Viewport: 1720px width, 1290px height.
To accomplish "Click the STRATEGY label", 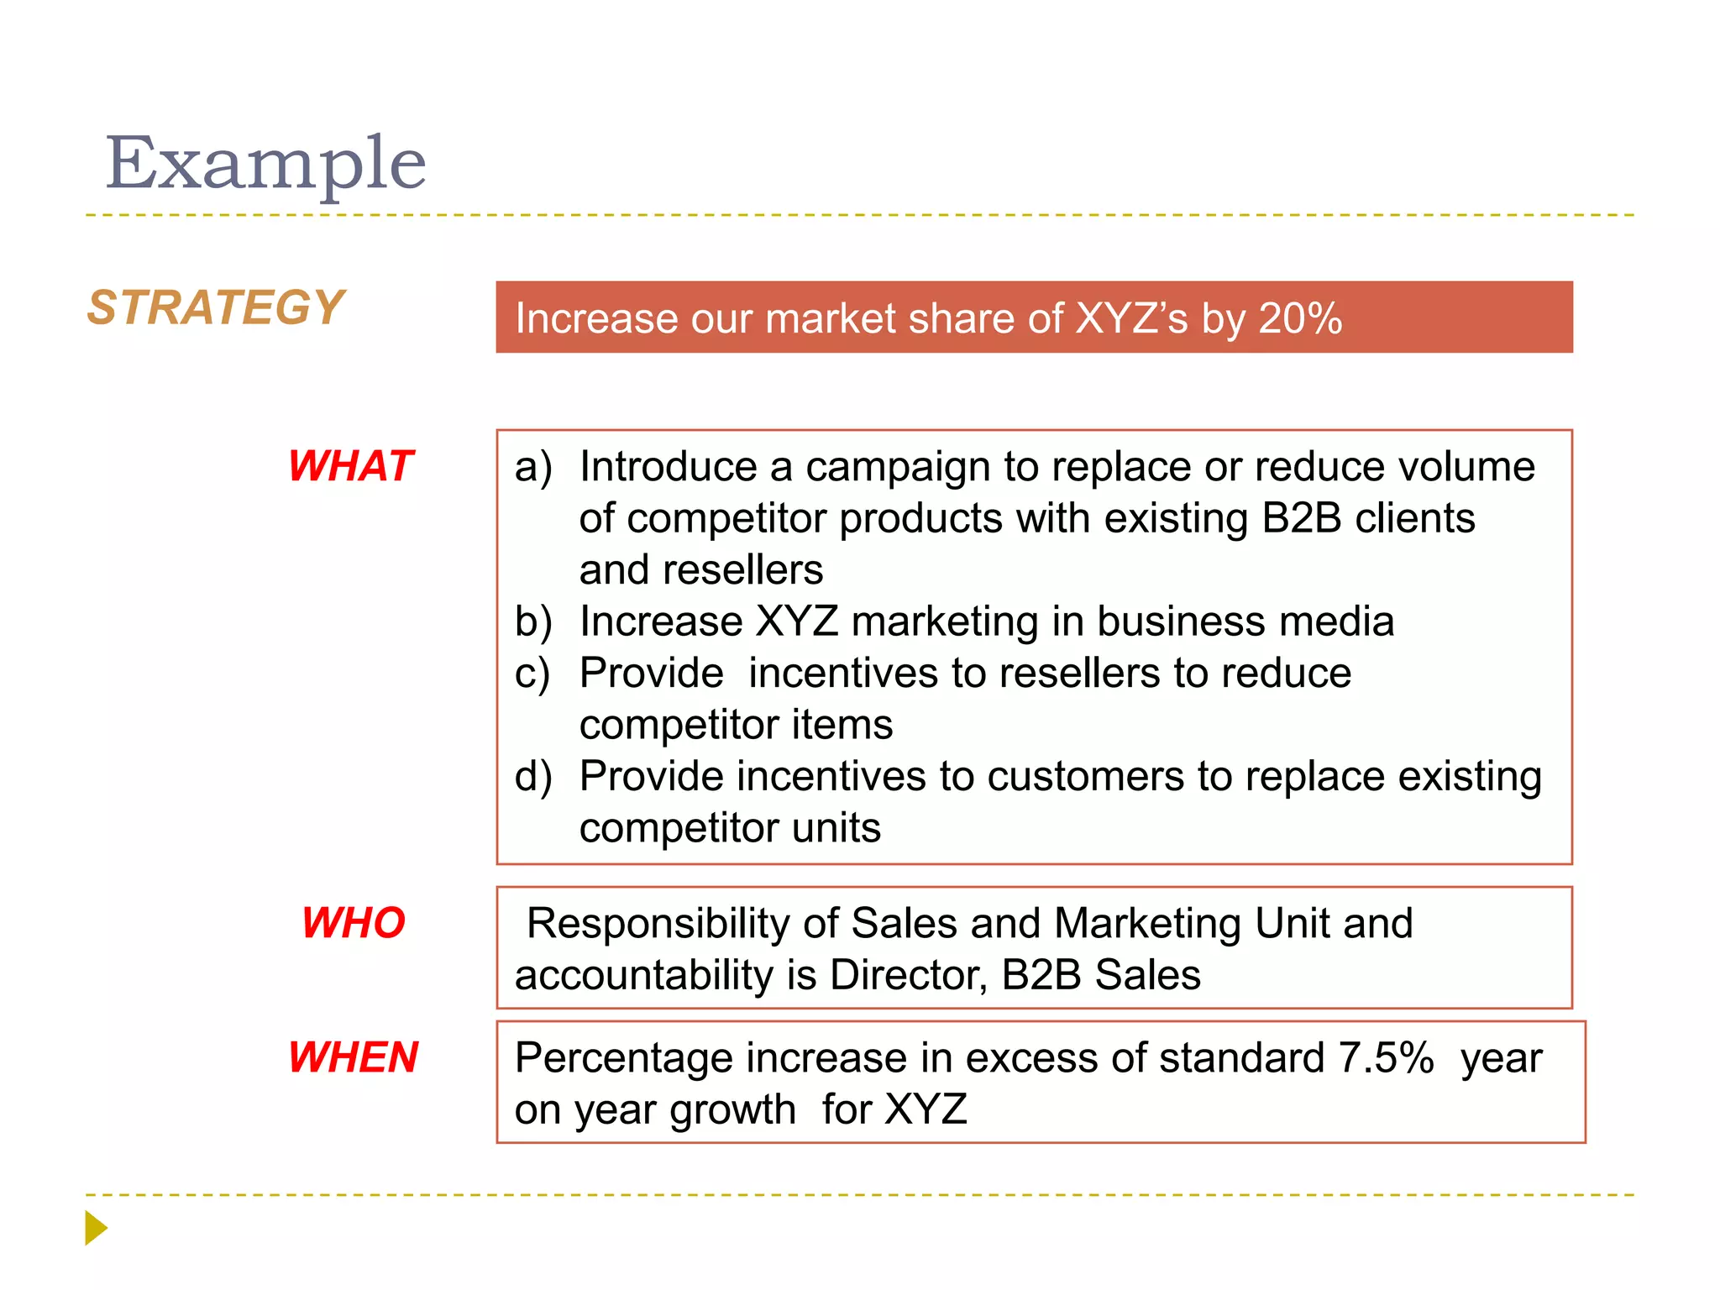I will (x=216, y=307).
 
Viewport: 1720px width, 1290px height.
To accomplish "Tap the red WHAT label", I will (x=351, y=466).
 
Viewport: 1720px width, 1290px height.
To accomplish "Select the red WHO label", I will (x=354, y=923).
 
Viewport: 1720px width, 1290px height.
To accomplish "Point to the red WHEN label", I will (x=353, y=1057).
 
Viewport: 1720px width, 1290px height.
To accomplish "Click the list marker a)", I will (x=533, y=467).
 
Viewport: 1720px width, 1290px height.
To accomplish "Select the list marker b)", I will (x=533, y=621).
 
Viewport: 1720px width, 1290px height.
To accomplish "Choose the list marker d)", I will (x=533, y=776).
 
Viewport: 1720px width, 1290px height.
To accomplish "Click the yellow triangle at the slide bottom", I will (x=96, y=1228).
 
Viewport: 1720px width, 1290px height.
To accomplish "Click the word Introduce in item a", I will (x=668, y=467).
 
